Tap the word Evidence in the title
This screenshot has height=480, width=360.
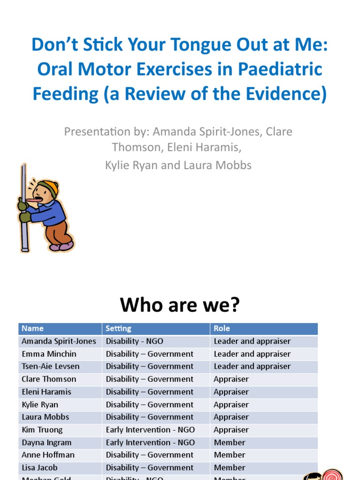click(279, 94)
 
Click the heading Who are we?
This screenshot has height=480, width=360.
click(180, 305)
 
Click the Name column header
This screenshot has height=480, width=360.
click(32, 329)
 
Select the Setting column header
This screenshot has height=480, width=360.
click(118, 329)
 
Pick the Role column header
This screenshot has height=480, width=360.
click(222, 329)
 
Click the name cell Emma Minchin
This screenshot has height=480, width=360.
click(49, 354)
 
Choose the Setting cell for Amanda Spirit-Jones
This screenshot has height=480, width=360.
click(135, 341)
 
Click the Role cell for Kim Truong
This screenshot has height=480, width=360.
click(231, 430)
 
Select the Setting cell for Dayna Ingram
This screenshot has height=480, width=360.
click(150, 442)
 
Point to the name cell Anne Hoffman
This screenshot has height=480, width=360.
click(48, 455)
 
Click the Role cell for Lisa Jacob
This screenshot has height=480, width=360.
click(229, 468)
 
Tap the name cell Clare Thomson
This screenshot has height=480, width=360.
click(49, 379)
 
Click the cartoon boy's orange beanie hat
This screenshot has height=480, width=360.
click(50, 187)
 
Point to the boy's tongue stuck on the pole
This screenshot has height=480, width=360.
click(30, 200)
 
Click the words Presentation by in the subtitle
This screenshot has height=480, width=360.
click(97, 132)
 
